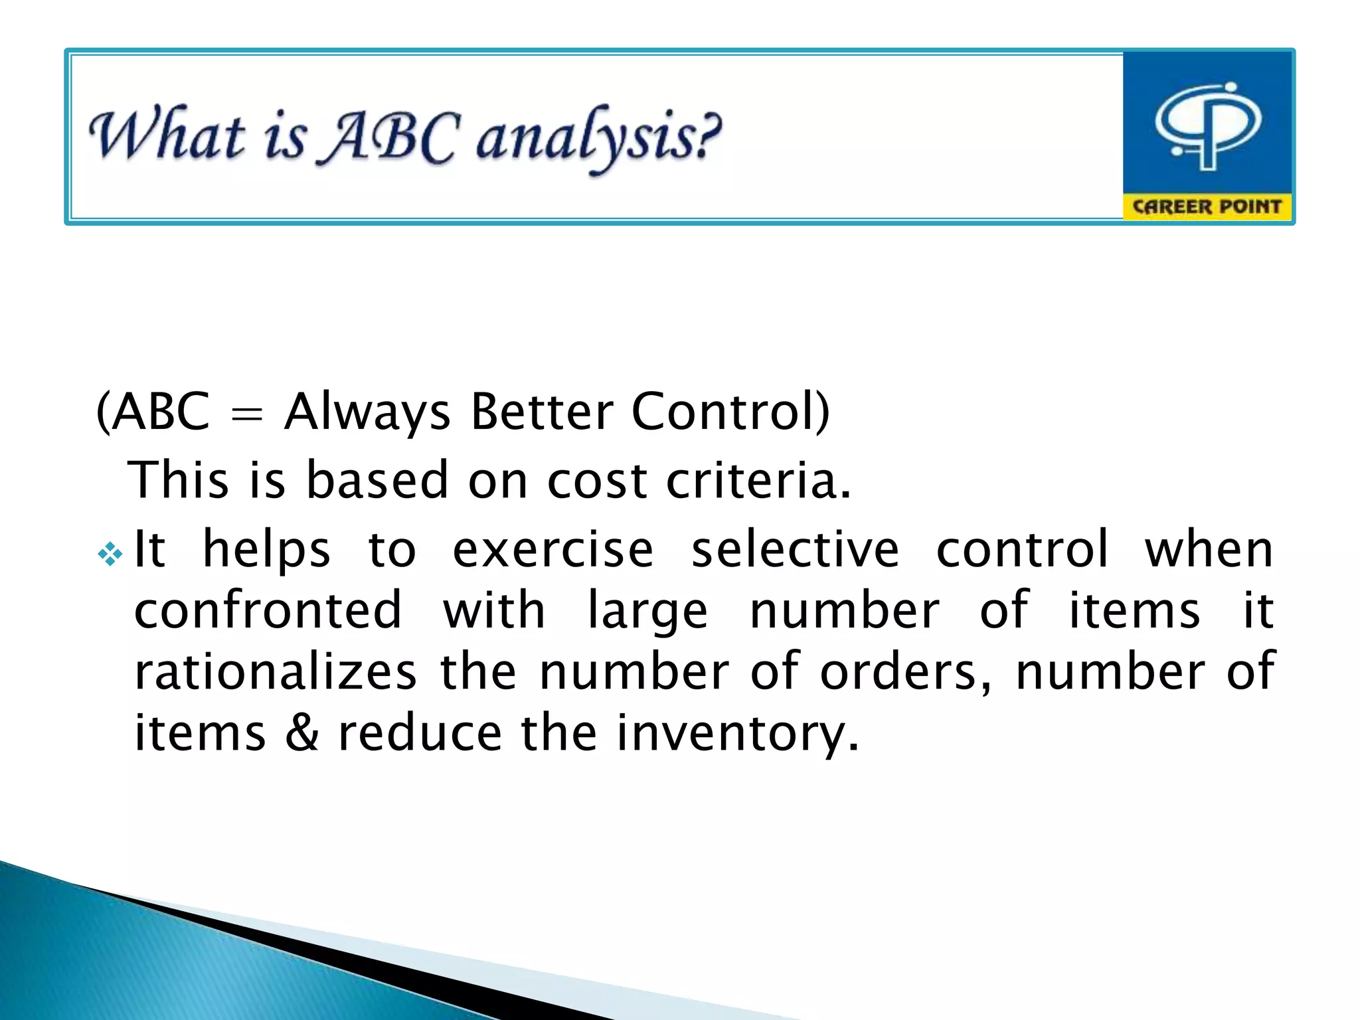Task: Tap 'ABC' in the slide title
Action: point(388,137)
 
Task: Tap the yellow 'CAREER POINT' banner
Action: point(1207,207)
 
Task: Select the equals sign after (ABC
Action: point(246,414)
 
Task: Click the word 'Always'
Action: point(367,412)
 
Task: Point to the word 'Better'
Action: point(541,412)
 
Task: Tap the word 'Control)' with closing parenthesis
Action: point(730,412)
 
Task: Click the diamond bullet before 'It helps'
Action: point(110,552)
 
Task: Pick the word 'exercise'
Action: point(553,550)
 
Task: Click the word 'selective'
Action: point(795,550)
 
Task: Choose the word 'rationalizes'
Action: point(276,672)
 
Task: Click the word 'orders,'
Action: point(907,672)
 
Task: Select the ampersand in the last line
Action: point(302,733)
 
